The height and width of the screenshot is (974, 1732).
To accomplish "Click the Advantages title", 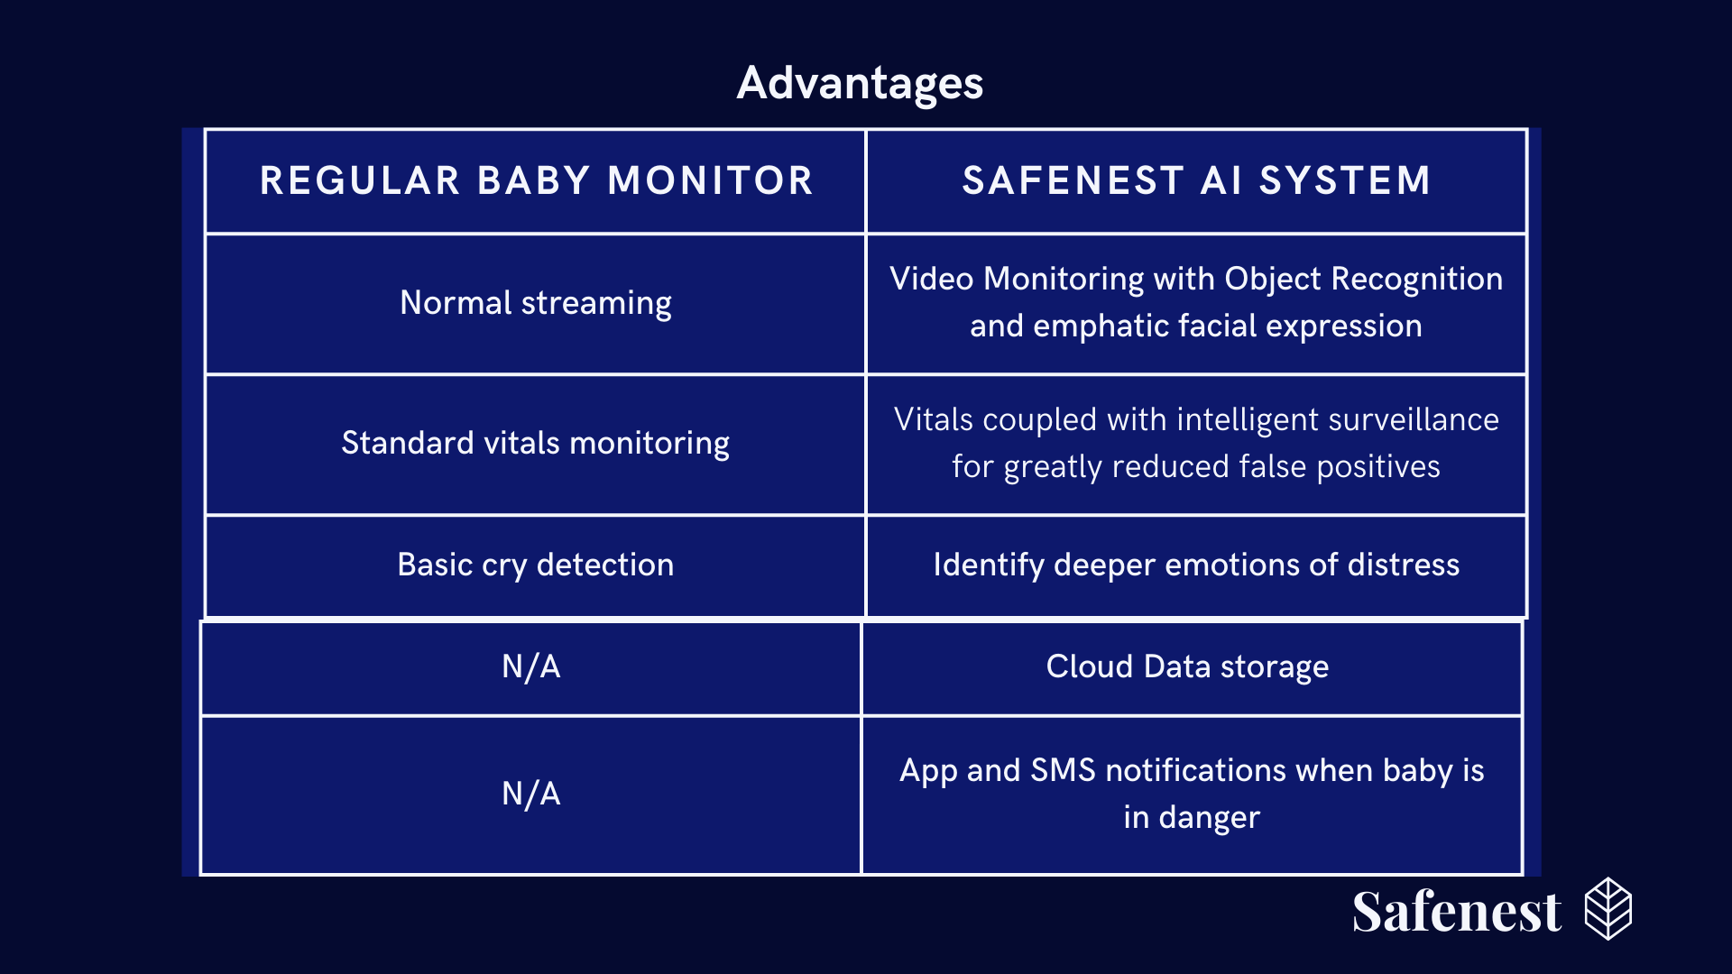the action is pos(860,84).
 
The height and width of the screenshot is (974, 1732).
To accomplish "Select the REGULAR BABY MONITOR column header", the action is pos(537,180).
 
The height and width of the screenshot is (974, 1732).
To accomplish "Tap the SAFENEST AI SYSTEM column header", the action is pos(1196,180).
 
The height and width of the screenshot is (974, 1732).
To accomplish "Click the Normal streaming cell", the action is pos(536,303).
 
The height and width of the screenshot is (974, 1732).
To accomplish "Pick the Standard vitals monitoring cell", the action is pos(536,443).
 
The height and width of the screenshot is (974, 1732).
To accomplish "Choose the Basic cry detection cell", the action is pos(536,565).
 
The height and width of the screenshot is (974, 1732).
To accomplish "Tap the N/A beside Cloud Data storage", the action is pos(531,666).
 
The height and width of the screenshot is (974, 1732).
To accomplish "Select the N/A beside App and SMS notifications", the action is pos(531,794).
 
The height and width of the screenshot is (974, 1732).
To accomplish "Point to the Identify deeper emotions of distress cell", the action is pos(1196,565).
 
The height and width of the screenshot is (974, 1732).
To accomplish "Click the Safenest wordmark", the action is pos(1457,911).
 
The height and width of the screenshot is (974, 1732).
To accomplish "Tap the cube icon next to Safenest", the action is pos(1608,909).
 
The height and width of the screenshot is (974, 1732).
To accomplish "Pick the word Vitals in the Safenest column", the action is pos(933,419).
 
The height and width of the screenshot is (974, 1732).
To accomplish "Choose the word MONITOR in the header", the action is pos(711,180).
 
